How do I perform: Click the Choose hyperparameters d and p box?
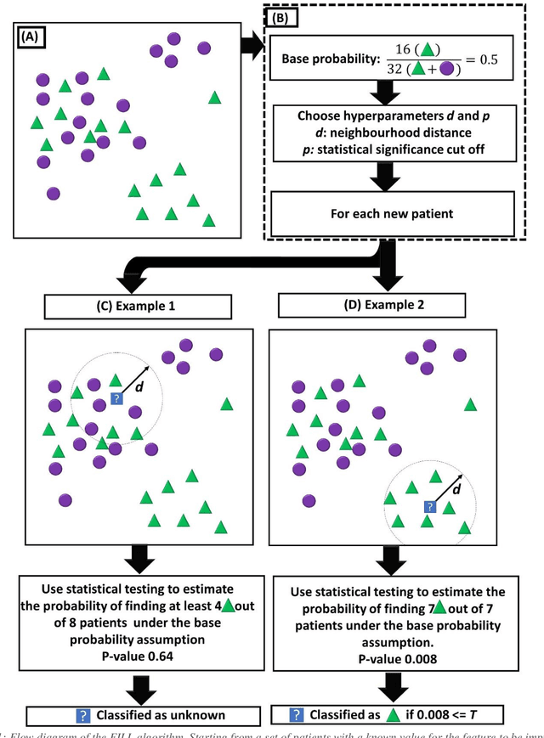click(393, 133)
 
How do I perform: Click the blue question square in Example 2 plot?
click(430, 507)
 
